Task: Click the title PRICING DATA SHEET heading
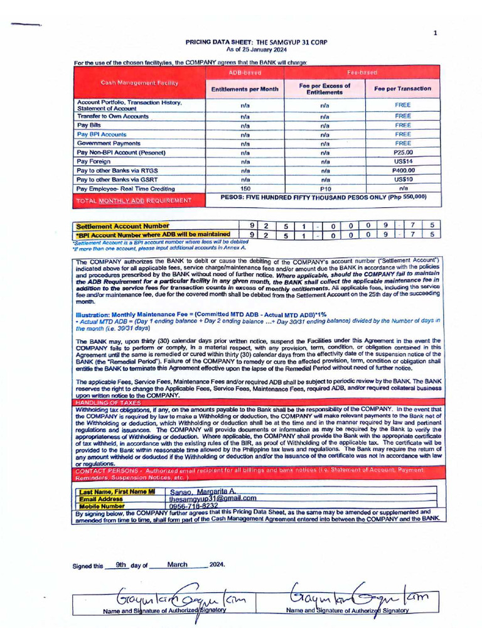[255, 42]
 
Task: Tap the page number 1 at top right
[435, 33]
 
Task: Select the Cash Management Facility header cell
[140, 83]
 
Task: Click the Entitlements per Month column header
[245, 89]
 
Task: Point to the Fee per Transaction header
[402, 89]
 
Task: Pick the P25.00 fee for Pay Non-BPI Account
[402, 153]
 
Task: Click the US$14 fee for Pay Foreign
[402, 161]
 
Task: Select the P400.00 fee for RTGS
[402, 170]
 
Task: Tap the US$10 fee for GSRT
[402, 180]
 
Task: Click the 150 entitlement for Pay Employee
[245, 188]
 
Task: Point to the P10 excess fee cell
[325, 188]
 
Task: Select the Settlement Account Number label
[122, 225]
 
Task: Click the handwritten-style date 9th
[122, 565]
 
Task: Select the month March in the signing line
[178, 565]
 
